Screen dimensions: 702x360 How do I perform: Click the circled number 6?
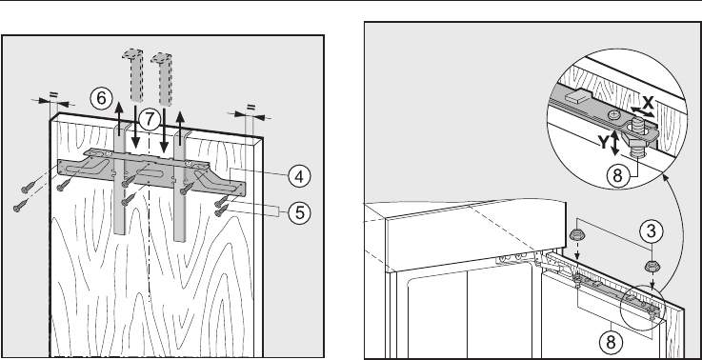[x=101, y=98]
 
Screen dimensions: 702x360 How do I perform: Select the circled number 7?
[x=150, y=120]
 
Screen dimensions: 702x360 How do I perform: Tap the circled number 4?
[x=299, y=176]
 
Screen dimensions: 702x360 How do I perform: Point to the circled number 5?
[x=299, y=212]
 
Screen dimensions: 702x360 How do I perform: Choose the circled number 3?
[x=651, y=231]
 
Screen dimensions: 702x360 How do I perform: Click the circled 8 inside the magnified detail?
[x=617, y=175]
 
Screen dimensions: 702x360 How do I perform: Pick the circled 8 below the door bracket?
[x=611, y=342]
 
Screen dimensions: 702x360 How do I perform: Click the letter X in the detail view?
[x=648, y=104]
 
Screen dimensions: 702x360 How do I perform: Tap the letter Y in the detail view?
[x=604, y=143]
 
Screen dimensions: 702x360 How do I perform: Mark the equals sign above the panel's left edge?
[x=53, y=95]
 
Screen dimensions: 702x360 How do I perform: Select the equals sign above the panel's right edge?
[x=251, y=108]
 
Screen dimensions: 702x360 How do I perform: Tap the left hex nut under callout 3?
[x=576, y=234]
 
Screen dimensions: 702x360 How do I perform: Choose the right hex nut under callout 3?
[x=652, y=267]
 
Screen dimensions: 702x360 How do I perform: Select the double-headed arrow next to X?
[x=641, y=111]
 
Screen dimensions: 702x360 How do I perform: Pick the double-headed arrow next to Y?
[x=615, y=143]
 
